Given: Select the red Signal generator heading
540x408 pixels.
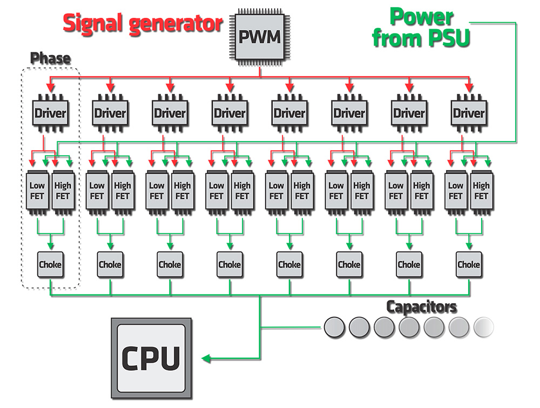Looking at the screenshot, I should (x=143, y=23).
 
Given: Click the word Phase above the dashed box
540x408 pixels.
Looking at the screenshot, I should (x=50, y=58).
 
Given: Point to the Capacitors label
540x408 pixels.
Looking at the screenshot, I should (x=421, y=307).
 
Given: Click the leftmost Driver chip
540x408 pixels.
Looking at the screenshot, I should (x=50, y=113).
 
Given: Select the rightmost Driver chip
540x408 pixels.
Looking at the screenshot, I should (x=469, y=113).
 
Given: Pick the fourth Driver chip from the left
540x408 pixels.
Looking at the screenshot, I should (x=230, y=113).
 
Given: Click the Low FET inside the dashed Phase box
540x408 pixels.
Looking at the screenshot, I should (x=37, y=191).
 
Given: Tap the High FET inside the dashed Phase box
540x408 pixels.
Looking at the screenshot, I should (x=63, y=191).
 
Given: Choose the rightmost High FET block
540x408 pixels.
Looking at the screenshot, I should (x=481, y=191).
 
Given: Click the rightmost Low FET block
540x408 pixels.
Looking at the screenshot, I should (x=456, y=191).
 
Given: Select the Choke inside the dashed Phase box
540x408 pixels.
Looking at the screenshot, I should (x=50, y=265).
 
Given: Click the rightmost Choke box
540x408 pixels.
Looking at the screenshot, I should (x=468, y=265).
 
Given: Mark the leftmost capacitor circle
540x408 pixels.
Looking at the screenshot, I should (x=334, y=326).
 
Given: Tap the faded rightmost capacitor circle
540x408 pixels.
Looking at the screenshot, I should (x=483, y=326).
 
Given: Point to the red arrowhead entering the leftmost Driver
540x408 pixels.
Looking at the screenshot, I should (x=50, y=88).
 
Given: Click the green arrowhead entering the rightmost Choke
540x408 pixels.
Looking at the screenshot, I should (x=469, y=246).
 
